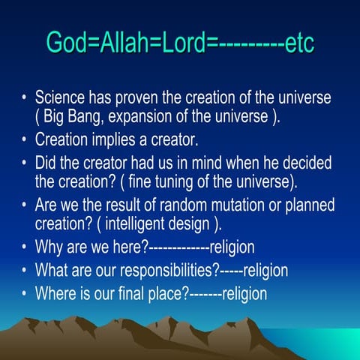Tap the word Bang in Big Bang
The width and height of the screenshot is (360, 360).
tap(88, 118)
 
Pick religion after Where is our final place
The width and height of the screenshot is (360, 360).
tap(244, 292)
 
